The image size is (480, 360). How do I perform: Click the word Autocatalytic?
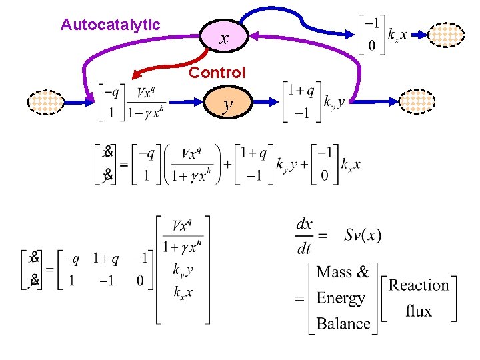110,25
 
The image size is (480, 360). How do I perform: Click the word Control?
217,73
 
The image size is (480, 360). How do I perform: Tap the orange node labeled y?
228,104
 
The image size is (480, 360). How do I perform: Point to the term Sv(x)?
363,235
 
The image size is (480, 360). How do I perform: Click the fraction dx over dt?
304,235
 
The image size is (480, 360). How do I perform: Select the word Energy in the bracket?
341,298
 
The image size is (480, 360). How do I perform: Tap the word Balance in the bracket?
344,323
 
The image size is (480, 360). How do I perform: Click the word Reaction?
419,285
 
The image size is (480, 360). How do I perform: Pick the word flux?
419,311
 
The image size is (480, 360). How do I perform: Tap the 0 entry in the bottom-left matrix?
141,281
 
